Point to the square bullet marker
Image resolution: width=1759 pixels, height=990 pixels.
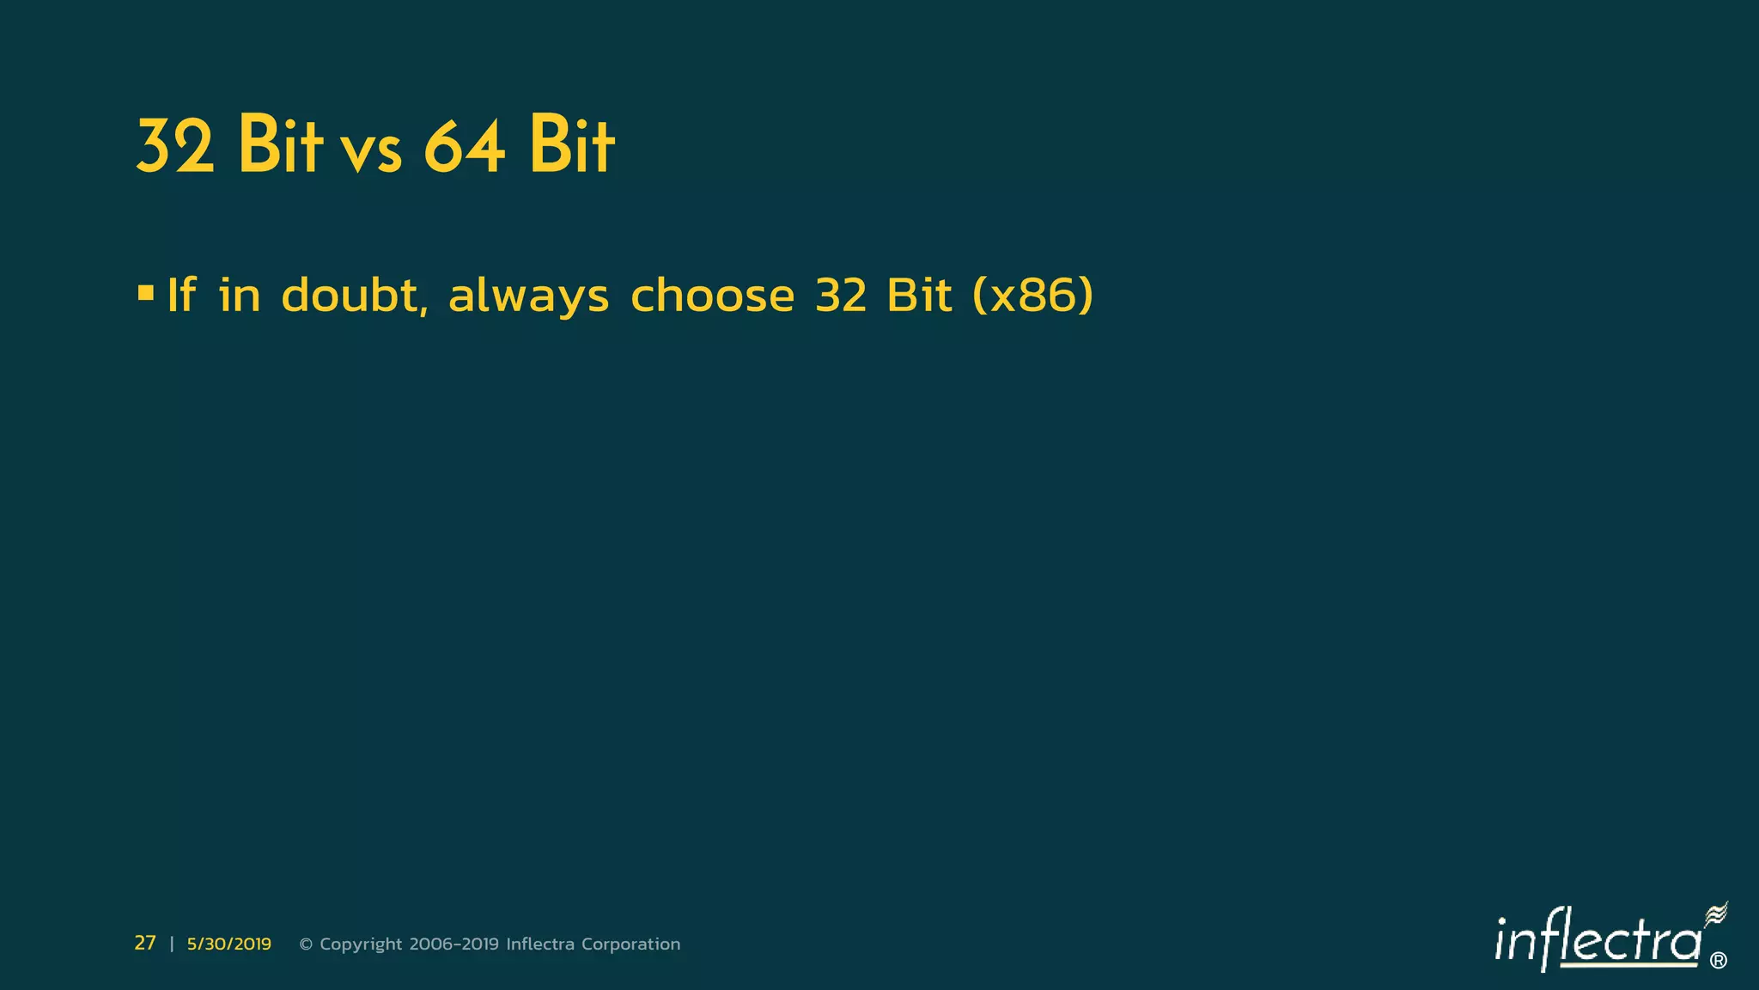click(x=145, y=294)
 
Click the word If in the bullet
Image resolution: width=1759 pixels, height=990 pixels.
click(x=181, y=295)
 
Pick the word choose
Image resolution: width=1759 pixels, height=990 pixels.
click(x=712, y=295)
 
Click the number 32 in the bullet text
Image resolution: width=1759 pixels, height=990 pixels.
click(x=841, y=295)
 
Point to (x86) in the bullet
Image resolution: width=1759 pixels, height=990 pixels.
click(x=1033, y=295)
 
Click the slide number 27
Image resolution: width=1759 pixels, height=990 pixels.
click(x=145, y=943)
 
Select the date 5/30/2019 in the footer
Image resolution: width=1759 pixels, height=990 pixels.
click(x=228, y=944)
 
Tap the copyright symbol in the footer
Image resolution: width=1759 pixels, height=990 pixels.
click(x=305, y=944)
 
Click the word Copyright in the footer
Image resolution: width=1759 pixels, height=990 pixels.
click(x=361, y=944)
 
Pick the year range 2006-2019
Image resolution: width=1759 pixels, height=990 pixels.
click(x=453, y=944)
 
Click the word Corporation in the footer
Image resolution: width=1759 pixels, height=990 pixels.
click(x=630, y=944)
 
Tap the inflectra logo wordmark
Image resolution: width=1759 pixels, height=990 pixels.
click(x=1598, y=941)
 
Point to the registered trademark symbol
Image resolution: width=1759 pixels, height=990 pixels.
click(x=1718, y=961)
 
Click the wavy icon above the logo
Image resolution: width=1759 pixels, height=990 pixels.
click(x=1715, y=914)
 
